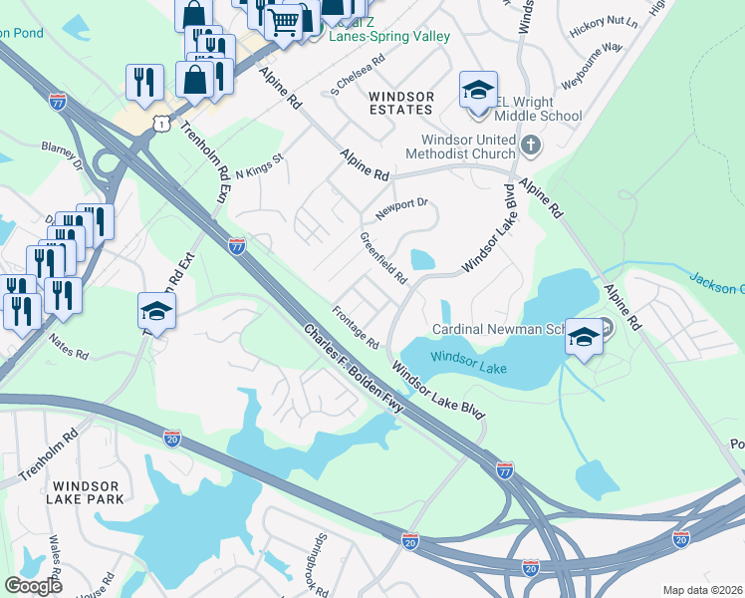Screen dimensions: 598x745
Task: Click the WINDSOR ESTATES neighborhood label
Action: [x=400, y=103]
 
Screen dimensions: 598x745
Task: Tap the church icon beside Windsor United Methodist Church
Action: [x=531, y=147]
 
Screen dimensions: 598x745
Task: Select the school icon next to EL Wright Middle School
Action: [x=478, y=91]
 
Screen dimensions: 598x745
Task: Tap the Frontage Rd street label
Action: [x=357, y=328]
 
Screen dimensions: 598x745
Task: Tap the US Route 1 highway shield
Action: [x=158, y=120]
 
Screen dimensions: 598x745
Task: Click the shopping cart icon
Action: [x=285, y=21]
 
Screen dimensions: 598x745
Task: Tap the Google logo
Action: [x=33, y=586]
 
